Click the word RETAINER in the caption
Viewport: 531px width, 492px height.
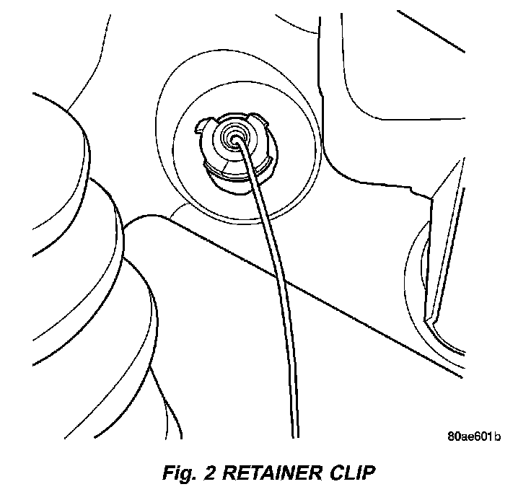coord(272,475)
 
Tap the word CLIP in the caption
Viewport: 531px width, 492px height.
coord(350,475)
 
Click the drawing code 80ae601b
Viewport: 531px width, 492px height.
coord(474,436)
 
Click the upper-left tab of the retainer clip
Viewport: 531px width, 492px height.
coord(203,128)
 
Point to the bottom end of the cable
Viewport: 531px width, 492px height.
coord(294,433)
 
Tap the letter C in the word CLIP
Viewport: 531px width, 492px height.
coord(334,475)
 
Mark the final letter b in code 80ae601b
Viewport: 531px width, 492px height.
coord(498,436)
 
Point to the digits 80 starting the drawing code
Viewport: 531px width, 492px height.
coord(454,436)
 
